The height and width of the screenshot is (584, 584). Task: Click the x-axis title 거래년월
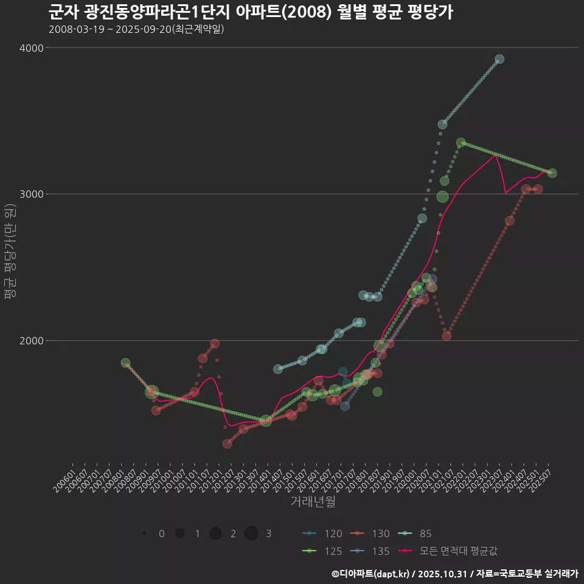pos(313,502)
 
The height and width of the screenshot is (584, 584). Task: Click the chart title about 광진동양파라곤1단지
pos(250,12)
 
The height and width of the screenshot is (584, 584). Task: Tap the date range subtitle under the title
pos(136,29)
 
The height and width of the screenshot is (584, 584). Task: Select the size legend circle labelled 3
pos(251,534)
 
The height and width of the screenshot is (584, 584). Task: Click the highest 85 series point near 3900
pos(499,59)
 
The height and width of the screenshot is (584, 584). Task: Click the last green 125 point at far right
pos(552,173)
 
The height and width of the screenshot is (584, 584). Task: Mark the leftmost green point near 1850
pos(125,363)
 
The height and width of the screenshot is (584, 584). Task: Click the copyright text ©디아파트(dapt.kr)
pos(372,574)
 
